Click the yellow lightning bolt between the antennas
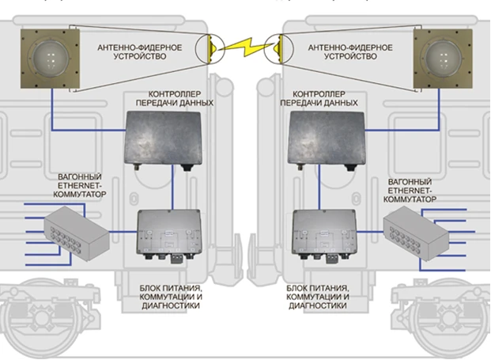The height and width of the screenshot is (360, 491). coord(245,49)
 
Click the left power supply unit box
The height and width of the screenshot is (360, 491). coord(170,235)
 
